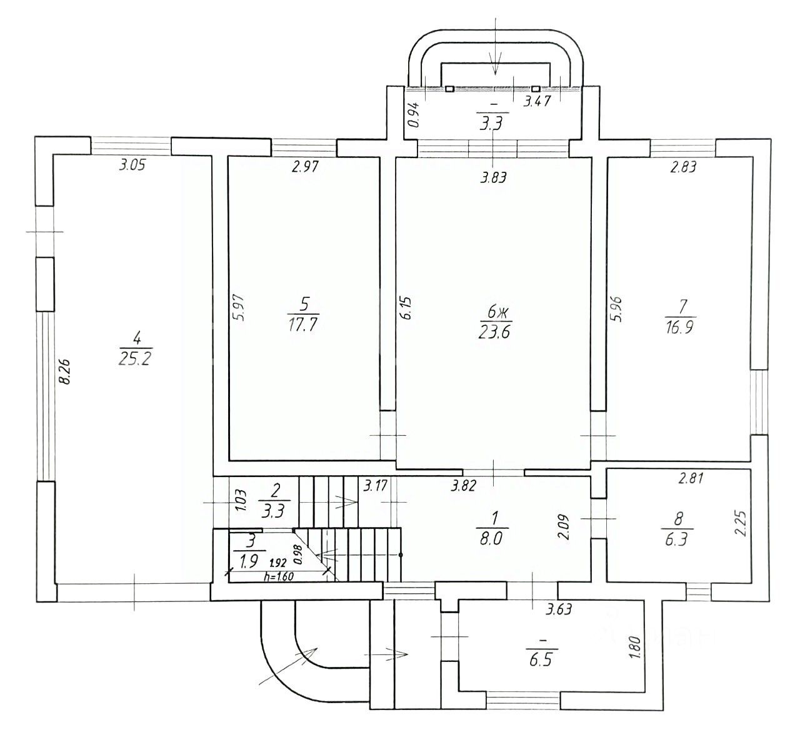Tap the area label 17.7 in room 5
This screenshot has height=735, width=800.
(302, 325)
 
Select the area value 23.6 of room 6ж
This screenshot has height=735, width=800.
(494, 332)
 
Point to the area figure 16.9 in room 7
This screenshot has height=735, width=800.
(679, 327)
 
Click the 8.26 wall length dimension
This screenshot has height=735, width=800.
(64, 372)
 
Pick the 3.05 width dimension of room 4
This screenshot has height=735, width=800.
(132, 165)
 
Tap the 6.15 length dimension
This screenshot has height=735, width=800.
(407, 308)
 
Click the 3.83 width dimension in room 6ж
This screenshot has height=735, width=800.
(493, 177)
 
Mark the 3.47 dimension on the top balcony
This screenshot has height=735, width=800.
(537, 101)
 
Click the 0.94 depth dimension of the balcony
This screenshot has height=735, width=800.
(414, 115)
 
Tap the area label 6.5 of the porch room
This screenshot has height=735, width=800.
(541, 659)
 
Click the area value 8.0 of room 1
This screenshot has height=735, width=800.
(491, 539)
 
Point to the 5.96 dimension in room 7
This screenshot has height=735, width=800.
(616, 309)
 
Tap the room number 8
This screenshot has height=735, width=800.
(677, 519)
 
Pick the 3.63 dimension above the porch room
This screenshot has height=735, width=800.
(559, 609)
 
